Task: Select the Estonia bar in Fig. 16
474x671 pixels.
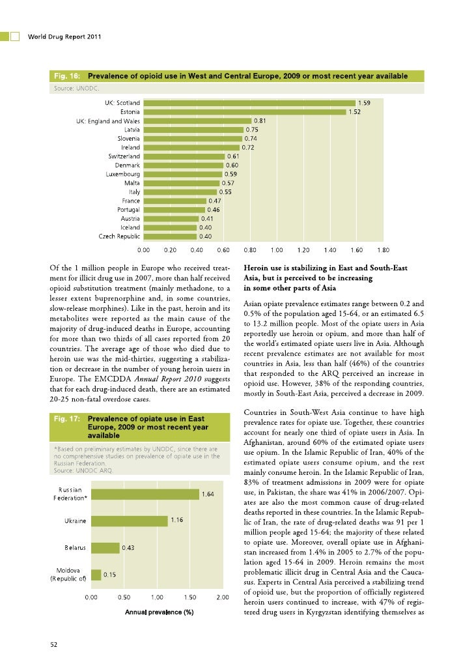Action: pos(244,111)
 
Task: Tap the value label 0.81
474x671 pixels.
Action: pos(259,121)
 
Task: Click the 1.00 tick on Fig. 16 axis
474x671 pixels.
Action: pos(276,249)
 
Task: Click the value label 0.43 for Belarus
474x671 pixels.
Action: pos(128,548)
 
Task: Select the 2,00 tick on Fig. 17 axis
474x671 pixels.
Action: pos(222,597)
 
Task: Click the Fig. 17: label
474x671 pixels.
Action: pos(65,419)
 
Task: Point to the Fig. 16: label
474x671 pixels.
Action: pos(65,76)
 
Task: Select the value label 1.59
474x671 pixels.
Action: pos(365,102)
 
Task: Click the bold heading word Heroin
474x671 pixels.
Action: pos(257,267)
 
